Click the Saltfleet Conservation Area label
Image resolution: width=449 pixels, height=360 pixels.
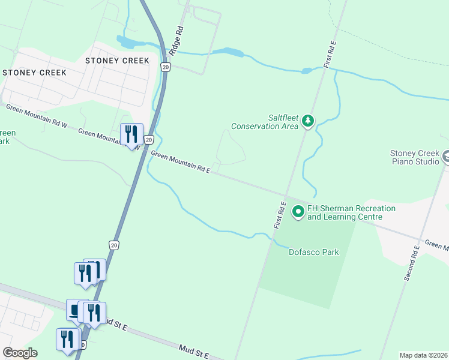pos(265,122)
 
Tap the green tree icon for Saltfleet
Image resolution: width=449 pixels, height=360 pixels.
pos(308,121)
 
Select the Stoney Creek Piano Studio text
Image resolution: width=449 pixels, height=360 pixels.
pos(415,158)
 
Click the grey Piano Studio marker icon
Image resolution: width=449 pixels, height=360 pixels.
pos(445,157)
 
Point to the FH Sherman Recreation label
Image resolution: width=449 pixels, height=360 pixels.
pos(351,212)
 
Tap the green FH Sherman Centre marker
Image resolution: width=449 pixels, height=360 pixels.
pos(298,212)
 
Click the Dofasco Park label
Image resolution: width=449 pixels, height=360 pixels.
pos(314,252)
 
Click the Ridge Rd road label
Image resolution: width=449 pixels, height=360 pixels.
pos(175,41)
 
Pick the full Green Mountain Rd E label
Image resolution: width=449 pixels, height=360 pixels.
pos(181,162)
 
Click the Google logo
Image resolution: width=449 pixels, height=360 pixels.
pos(20,353)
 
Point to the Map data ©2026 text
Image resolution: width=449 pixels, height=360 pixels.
pos(423,355)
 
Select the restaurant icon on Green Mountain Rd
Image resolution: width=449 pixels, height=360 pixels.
pos(131,135)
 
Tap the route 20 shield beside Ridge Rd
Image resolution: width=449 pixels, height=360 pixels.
pos(166,67)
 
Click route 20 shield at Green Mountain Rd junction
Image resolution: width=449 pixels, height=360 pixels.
pos(149,139)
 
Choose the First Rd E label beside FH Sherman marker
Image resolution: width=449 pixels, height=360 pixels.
pos(280,215)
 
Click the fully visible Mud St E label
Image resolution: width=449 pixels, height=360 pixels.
pos(193,352)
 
